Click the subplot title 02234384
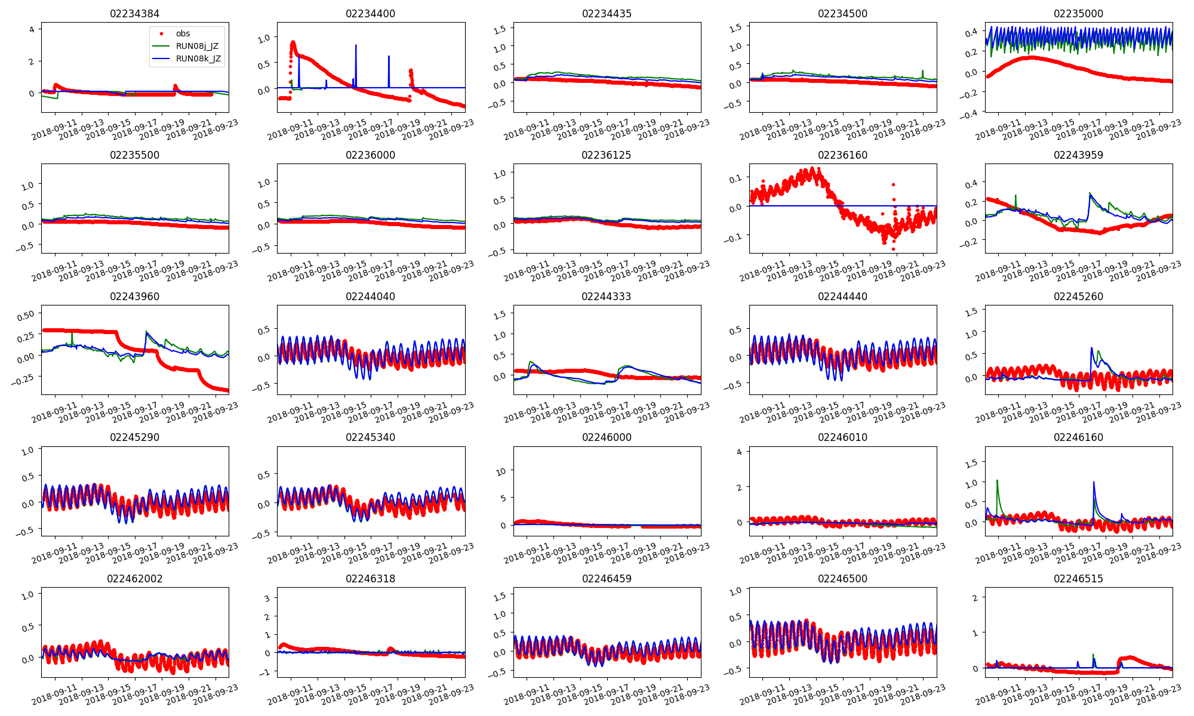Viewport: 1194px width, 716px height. click(134, 14)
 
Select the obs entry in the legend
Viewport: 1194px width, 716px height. click(183, 33)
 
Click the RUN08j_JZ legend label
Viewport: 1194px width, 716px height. click(197, 46)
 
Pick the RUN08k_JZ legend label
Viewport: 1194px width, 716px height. click(198, 58)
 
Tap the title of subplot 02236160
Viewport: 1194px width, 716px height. click(842, 155)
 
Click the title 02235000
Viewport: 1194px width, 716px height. click(1078, 14)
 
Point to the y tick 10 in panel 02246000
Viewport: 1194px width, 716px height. click(501, 471)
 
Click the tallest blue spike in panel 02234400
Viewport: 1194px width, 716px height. click(356, 45)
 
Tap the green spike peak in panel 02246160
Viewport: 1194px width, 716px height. click(997, 480)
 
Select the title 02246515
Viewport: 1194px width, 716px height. click(1078, 579)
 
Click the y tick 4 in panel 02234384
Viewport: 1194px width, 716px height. click(32, 29)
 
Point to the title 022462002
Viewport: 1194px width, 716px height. click(134, 579)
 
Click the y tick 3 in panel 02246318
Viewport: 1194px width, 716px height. click(267, 598)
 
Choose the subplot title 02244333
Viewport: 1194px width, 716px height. click(607, 297)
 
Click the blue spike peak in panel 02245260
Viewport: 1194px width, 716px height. click(1091, 348)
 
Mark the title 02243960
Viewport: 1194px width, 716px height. click(134, 297)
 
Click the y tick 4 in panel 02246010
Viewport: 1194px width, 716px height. click(739, 452)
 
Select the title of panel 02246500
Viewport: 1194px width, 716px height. click(842, 579)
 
